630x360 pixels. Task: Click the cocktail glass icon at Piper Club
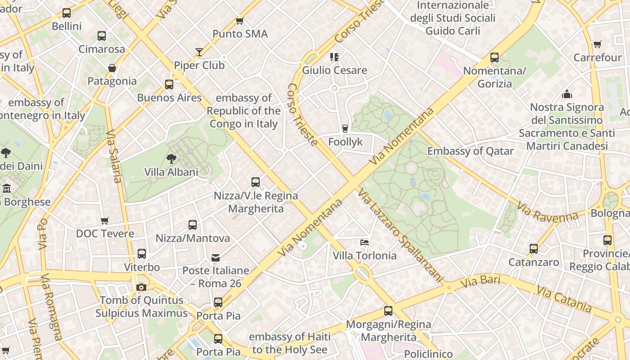coord(199,52)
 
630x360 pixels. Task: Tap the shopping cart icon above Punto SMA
coord(240,21)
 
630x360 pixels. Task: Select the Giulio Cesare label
coord(334,70)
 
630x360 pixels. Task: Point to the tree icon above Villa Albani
coord(171,158)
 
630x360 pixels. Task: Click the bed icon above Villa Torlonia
coord(364,242)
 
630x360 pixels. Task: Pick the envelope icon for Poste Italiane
coord(216,257)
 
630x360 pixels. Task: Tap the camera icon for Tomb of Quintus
coord(141,287)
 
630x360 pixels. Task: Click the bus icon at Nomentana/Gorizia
coord(495,58)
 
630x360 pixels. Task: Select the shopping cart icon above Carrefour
coord(597,44)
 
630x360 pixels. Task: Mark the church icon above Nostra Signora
coord(567,94)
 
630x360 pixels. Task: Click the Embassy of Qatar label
coord(470,151)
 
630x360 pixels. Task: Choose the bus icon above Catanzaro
coord(534,248)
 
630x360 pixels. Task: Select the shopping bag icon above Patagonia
coord(112,68)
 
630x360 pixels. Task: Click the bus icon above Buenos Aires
coord(169,84)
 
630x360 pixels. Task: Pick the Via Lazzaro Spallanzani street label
coord(401,236)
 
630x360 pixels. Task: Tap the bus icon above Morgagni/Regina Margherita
coord(388,310)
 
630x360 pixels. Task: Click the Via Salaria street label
coord(114,157)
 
